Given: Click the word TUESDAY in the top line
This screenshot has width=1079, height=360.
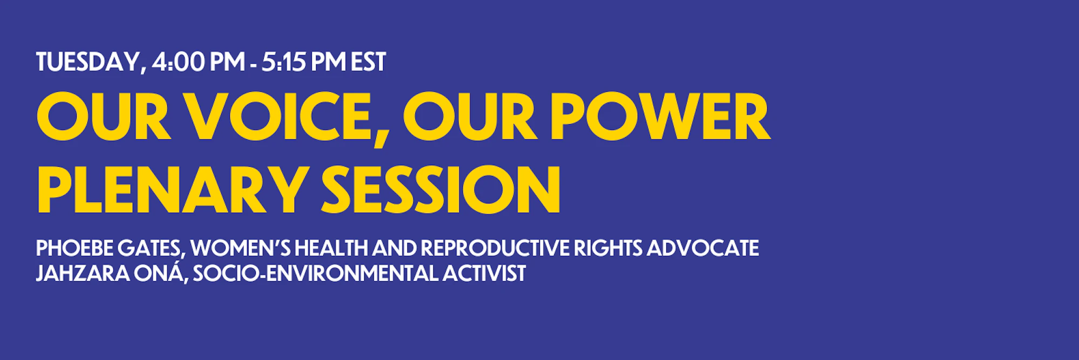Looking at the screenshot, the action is tap(88, 62).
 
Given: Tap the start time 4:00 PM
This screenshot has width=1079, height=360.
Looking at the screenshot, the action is tap(198, 62).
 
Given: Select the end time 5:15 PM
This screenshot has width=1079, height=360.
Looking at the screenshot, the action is tap(303, 62).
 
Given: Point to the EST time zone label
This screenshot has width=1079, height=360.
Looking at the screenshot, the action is tap(368, 62).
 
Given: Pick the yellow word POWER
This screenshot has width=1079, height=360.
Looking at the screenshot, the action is tap(660, 117).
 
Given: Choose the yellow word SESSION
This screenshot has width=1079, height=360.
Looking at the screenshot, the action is tap(441, 190).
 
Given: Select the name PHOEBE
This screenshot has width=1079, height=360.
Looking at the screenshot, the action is tap(75, 248).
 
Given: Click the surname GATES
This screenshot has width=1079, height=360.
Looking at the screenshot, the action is tap(151, 249).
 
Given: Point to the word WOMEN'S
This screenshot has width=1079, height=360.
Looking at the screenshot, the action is tap(241, 248).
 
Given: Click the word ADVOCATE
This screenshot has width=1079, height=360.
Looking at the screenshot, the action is tap(702, 248).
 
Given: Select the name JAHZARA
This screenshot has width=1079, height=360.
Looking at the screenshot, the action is tap(83, 273).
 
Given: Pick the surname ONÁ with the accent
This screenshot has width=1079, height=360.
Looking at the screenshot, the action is tap(161, 273).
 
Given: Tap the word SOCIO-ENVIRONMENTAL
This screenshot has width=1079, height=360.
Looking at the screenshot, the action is tap(316, 273).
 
